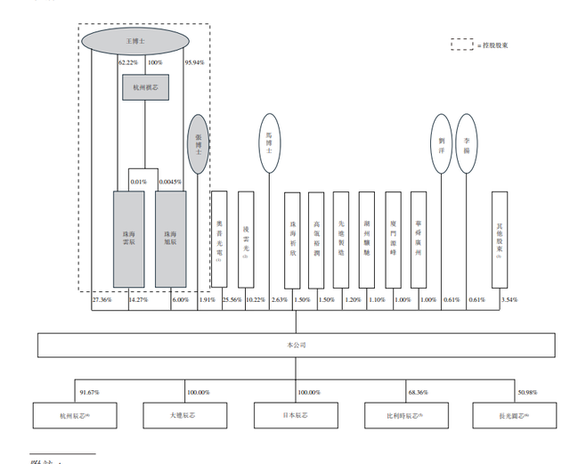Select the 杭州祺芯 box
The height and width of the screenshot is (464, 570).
[x=145, y=87]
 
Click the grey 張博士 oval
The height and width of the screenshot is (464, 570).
[x=199, y=145]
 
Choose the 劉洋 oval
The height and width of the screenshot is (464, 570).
[x=441, y=142]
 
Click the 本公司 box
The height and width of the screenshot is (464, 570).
[x=285, y=344]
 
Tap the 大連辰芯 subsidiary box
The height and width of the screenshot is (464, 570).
[x=175, y=416]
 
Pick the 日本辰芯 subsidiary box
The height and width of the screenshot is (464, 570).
[x=285, y=416]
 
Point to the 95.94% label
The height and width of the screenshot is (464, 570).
[x=195, y=63]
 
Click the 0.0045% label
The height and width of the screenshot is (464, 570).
[x=170, y=183]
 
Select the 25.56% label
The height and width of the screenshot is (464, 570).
[x=232, y=300]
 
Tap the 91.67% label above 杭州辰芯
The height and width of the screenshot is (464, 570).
[x=89, y=392]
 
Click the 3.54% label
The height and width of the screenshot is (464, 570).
[x=509, y=300]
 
